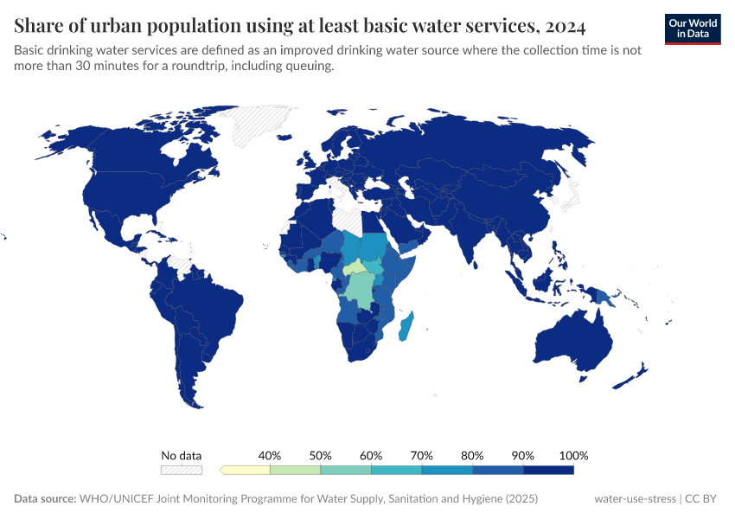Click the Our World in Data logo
coord(692,28)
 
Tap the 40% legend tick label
coord(271,455)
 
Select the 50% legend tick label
coord(321,455)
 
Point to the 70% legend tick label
coord(422,455)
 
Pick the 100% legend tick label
coord(573,455)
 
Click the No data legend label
coord(182,455)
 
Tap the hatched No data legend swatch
coord(182,470)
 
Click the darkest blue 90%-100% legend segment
coord(548,470)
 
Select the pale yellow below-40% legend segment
coord(246,470)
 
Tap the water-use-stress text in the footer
coord(636,499)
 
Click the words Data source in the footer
coord(44,499)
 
